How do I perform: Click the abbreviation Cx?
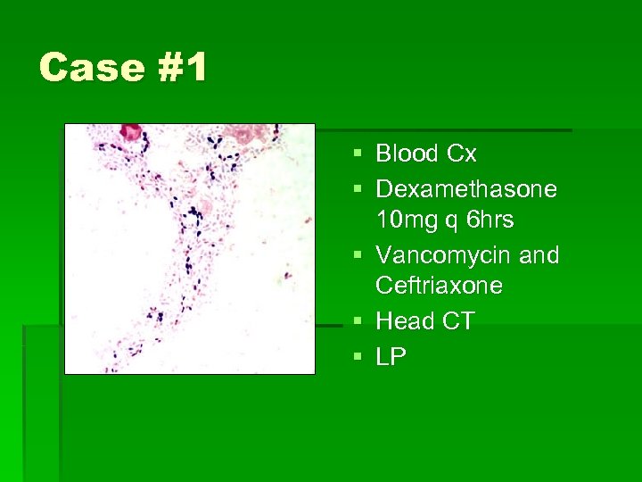(462, 154)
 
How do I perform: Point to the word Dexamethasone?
(466, 189)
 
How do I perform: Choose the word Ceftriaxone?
(439, 286)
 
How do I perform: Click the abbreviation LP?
(391, 357)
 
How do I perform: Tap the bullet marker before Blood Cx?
(358, 154)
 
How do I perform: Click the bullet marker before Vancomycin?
(358, 256)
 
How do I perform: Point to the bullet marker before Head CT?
(358, 321)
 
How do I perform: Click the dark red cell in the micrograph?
(132, 132)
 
